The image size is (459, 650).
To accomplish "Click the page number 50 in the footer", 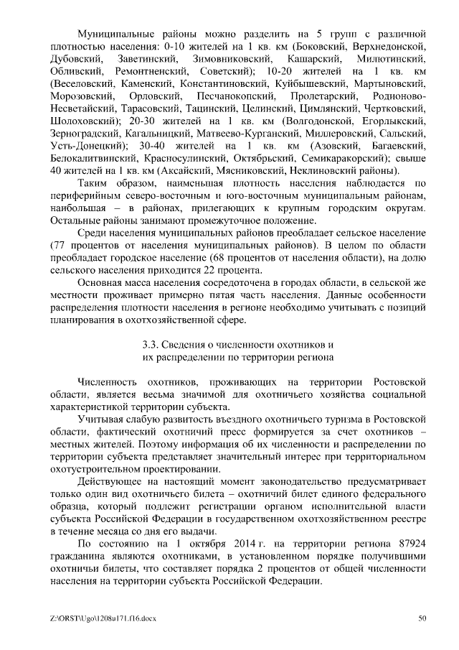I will coord(422,616).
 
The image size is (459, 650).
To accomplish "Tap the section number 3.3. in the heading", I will coord(156,343).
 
